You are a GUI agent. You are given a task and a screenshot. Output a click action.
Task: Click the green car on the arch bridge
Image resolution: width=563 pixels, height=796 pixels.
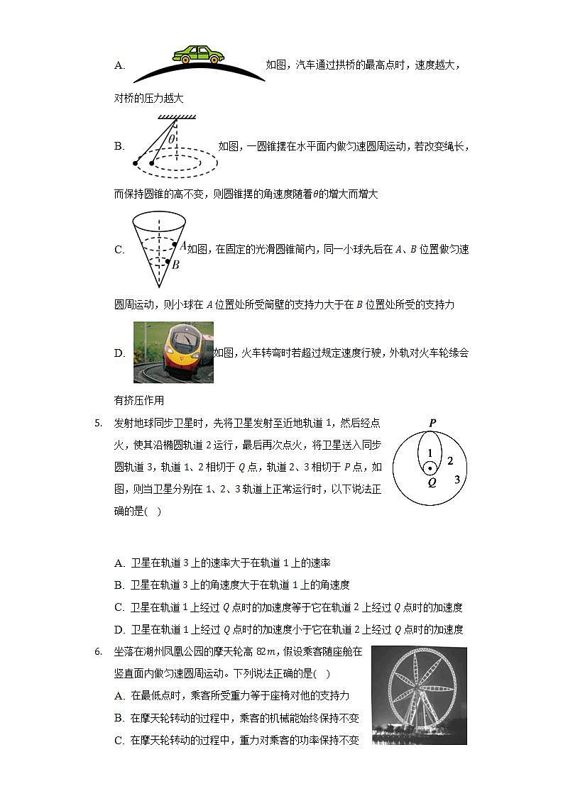point(198,55)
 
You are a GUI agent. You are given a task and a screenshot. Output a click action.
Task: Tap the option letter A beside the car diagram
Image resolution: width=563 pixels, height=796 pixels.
point(119,65)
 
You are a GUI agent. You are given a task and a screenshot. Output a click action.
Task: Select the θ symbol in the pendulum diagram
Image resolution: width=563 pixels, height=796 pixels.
point(172,140)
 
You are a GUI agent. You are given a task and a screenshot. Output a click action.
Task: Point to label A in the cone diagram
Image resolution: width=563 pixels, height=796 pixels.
point(182,245)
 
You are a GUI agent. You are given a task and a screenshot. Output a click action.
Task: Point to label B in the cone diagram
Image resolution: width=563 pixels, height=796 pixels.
point(175,265)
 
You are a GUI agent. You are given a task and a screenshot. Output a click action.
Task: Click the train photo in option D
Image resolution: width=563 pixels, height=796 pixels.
point(173,352)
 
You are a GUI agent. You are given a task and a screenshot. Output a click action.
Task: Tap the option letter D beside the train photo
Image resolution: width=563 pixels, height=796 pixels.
point(119,353)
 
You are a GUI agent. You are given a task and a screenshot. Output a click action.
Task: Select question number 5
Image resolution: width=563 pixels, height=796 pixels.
point(99,424)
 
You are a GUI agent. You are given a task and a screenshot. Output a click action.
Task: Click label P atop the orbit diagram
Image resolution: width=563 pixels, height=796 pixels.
point(432,424)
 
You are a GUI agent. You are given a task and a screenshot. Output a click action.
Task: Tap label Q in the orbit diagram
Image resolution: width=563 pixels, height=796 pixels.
point(432,482)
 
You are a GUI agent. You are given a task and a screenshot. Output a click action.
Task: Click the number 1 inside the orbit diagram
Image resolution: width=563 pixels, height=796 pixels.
point(430,453)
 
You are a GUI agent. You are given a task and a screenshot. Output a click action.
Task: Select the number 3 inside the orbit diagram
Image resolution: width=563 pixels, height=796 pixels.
point(457,480)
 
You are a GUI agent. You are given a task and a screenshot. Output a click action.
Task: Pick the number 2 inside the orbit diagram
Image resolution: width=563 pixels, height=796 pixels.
point(449,461)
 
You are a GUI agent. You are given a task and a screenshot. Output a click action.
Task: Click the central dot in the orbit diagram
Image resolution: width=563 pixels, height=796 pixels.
point(430,468)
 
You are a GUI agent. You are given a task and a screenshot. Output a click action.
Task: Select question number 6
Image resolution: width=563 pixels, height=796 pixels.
point(99,651)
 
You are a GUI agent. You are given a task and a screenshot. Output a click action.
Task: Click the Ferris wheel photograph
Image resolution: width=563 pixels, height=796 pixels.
point(419,695)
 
